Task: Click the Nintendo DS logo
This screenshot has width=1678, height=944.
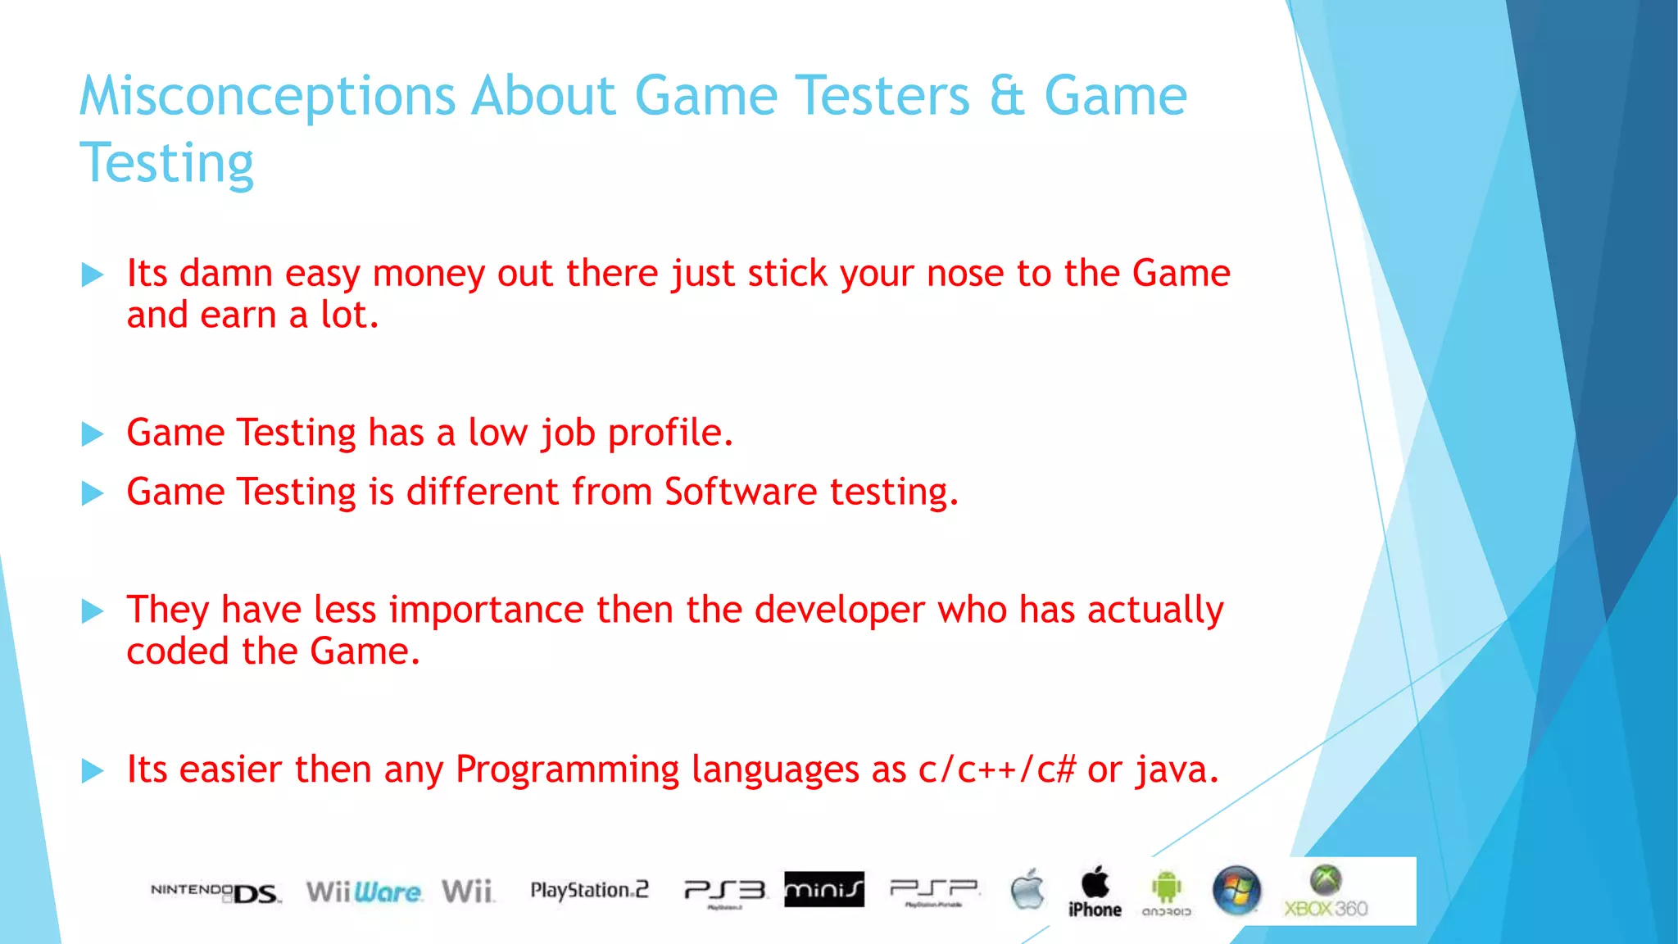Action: point(215,892)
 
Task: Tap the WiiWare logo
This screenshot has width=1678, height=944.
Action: point(364,892)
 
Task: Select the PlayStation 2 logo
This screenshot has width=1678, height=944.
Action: point(589,890)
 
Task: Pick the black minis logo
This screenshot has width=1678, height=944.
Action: point(823,889)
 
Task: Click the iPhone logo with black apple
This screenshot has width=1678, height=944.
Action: point(1095,892)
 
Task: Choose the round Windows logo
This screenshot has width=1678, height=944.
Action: point(1236,891)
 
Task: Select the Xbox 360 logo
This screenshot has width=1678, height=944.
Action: point(1326,892)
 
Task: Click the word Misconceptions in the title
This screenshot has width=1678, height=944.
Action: point(267,97)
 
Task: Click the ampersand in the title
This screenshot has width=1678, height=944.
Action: point(1007,97)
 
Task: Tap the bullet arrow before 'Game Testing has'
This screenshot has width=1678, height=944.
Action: point(93,433)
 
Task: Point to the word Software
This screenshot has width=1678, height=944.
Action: point(740,492)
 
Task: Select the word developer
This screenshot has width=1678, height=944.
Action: point(839,610)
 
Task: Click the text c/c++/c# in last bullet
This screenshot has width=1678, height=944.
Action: point(995,770)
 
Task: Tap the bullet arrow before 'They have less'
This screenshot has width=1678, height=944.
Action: point(93,611)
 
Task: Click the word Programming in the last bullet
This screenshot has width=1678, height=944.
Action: point(567,770)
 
